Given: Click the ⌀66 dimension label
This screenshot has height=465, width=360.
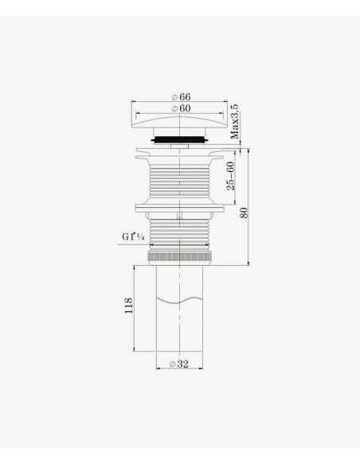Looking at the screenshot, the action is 181,97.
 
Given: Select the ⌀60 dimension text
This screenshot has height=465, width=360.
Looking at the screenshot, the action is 181,108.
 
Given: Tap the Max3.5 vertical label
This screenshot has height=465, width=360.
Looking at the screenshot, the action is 235,122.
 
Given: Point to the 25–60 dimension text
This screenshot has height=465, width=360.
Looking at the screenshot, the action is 230,176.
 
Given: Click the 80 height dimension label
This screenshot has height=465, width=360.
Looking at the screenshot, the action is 244,213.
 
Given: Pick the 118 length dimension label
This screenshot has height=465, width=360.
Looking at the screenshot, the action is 128,306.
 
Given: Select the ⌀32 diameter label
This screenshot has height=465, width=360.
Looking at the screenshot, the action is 179,364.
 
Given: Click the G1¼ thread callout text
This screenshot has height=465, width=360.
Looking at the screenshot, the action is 133,236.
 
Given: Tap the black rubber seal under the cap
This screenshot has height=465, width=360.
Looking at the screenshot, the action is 180,139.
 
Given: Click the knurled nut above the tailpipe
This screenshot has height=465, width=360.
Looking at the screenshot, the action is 180,257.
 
